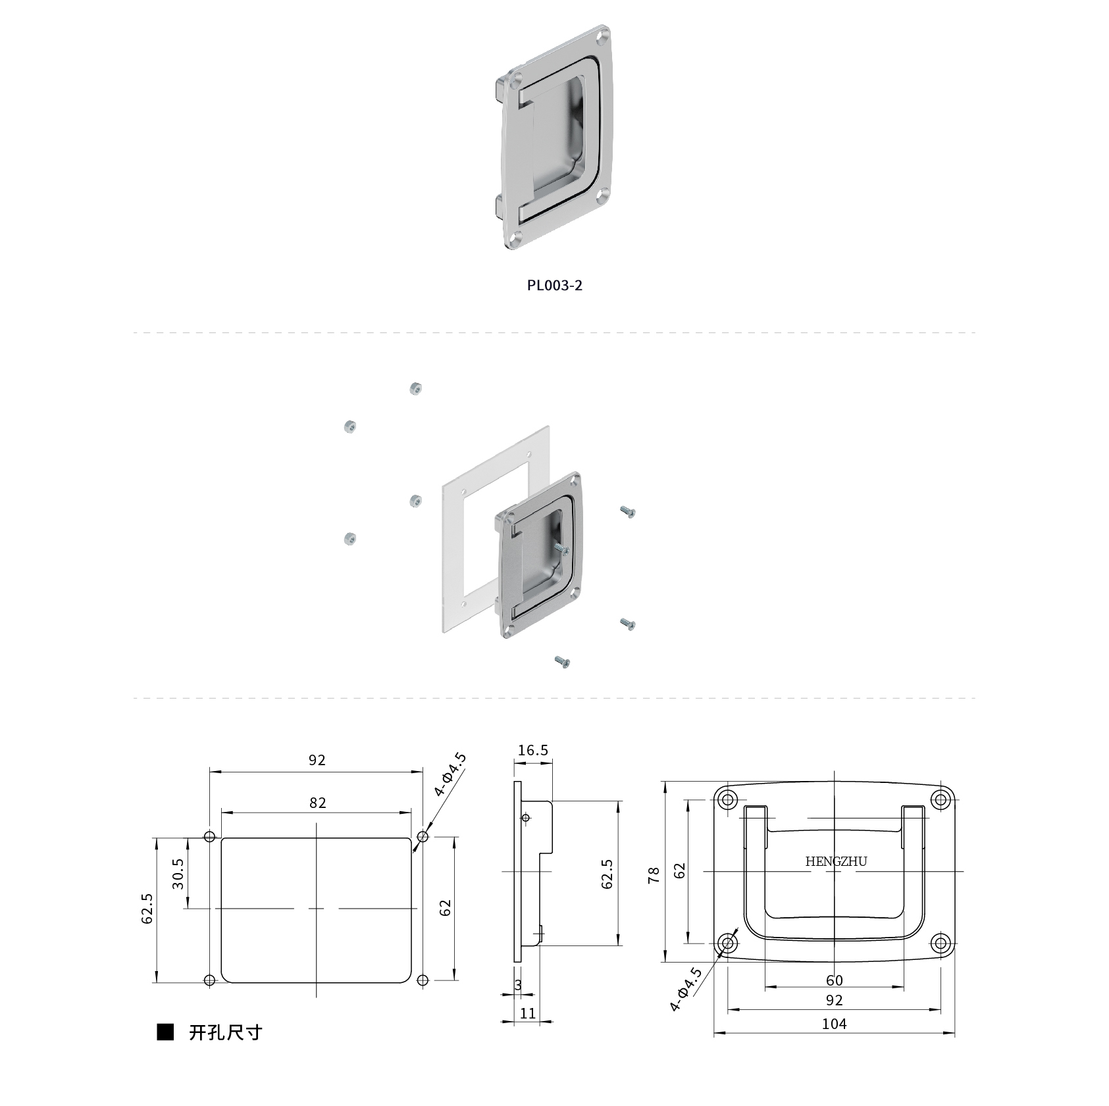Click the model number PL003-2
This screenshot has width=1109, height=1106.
(x=554, y=285)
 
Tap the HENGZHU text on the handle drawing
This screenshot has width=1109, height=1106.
(x=836, y=861)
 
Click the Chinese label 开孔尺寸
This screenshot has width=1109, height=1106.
(x=225, y=1032)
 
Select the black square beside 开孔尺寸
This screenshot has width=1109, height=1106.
(x=165, y=1032)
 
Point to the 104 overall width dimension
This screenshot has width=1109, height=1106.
(x=834, y=1024)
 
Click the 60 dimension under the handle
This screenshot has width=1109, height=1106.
(x=834, y=980)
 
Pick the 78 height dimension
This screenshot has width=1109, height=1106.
(x=654, y=875)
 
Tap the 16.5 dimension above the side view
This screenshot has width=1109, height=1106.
(x=532, y=750)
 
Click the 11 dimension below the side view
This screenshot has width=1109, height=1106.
(x=528, y=1013)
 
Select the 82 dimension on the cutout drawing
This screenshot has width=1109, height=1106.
(x=317, y=803)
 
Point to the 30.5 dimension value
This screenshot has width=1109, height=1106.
(x=178, y=873)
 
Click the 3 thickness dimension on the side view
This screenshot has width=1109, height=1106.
(x=518, y=985)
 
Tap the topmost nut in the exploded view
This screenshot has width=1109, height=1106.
(x=415, y=388)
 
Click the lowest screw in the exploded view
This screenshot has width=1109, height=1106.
(x=562, y=662)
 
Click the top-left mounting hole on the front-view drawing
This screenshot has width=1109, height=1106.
(x=727, y=800)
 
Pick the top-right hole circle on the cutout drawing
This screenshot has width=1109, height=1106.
(x=423, y=837)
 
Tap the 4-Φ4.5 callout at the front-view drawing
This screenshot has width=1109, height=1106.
(x=686, y=989)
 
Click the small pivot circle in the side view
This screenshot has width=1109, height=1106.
(x=525, y=818)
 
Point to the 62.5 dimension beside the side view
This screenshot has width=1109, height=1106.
(x=607, y=874)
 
